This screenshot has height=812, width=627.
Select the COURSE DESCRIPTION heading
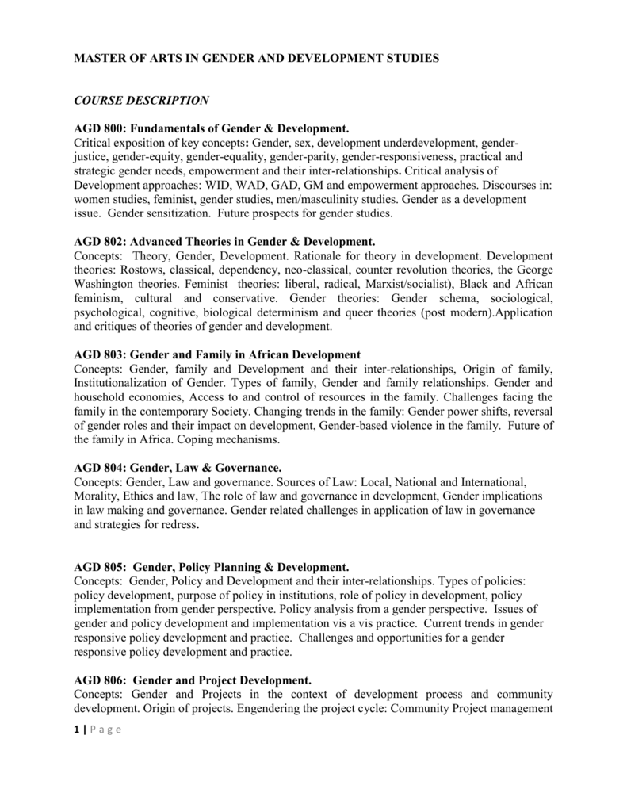(141, 100)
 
